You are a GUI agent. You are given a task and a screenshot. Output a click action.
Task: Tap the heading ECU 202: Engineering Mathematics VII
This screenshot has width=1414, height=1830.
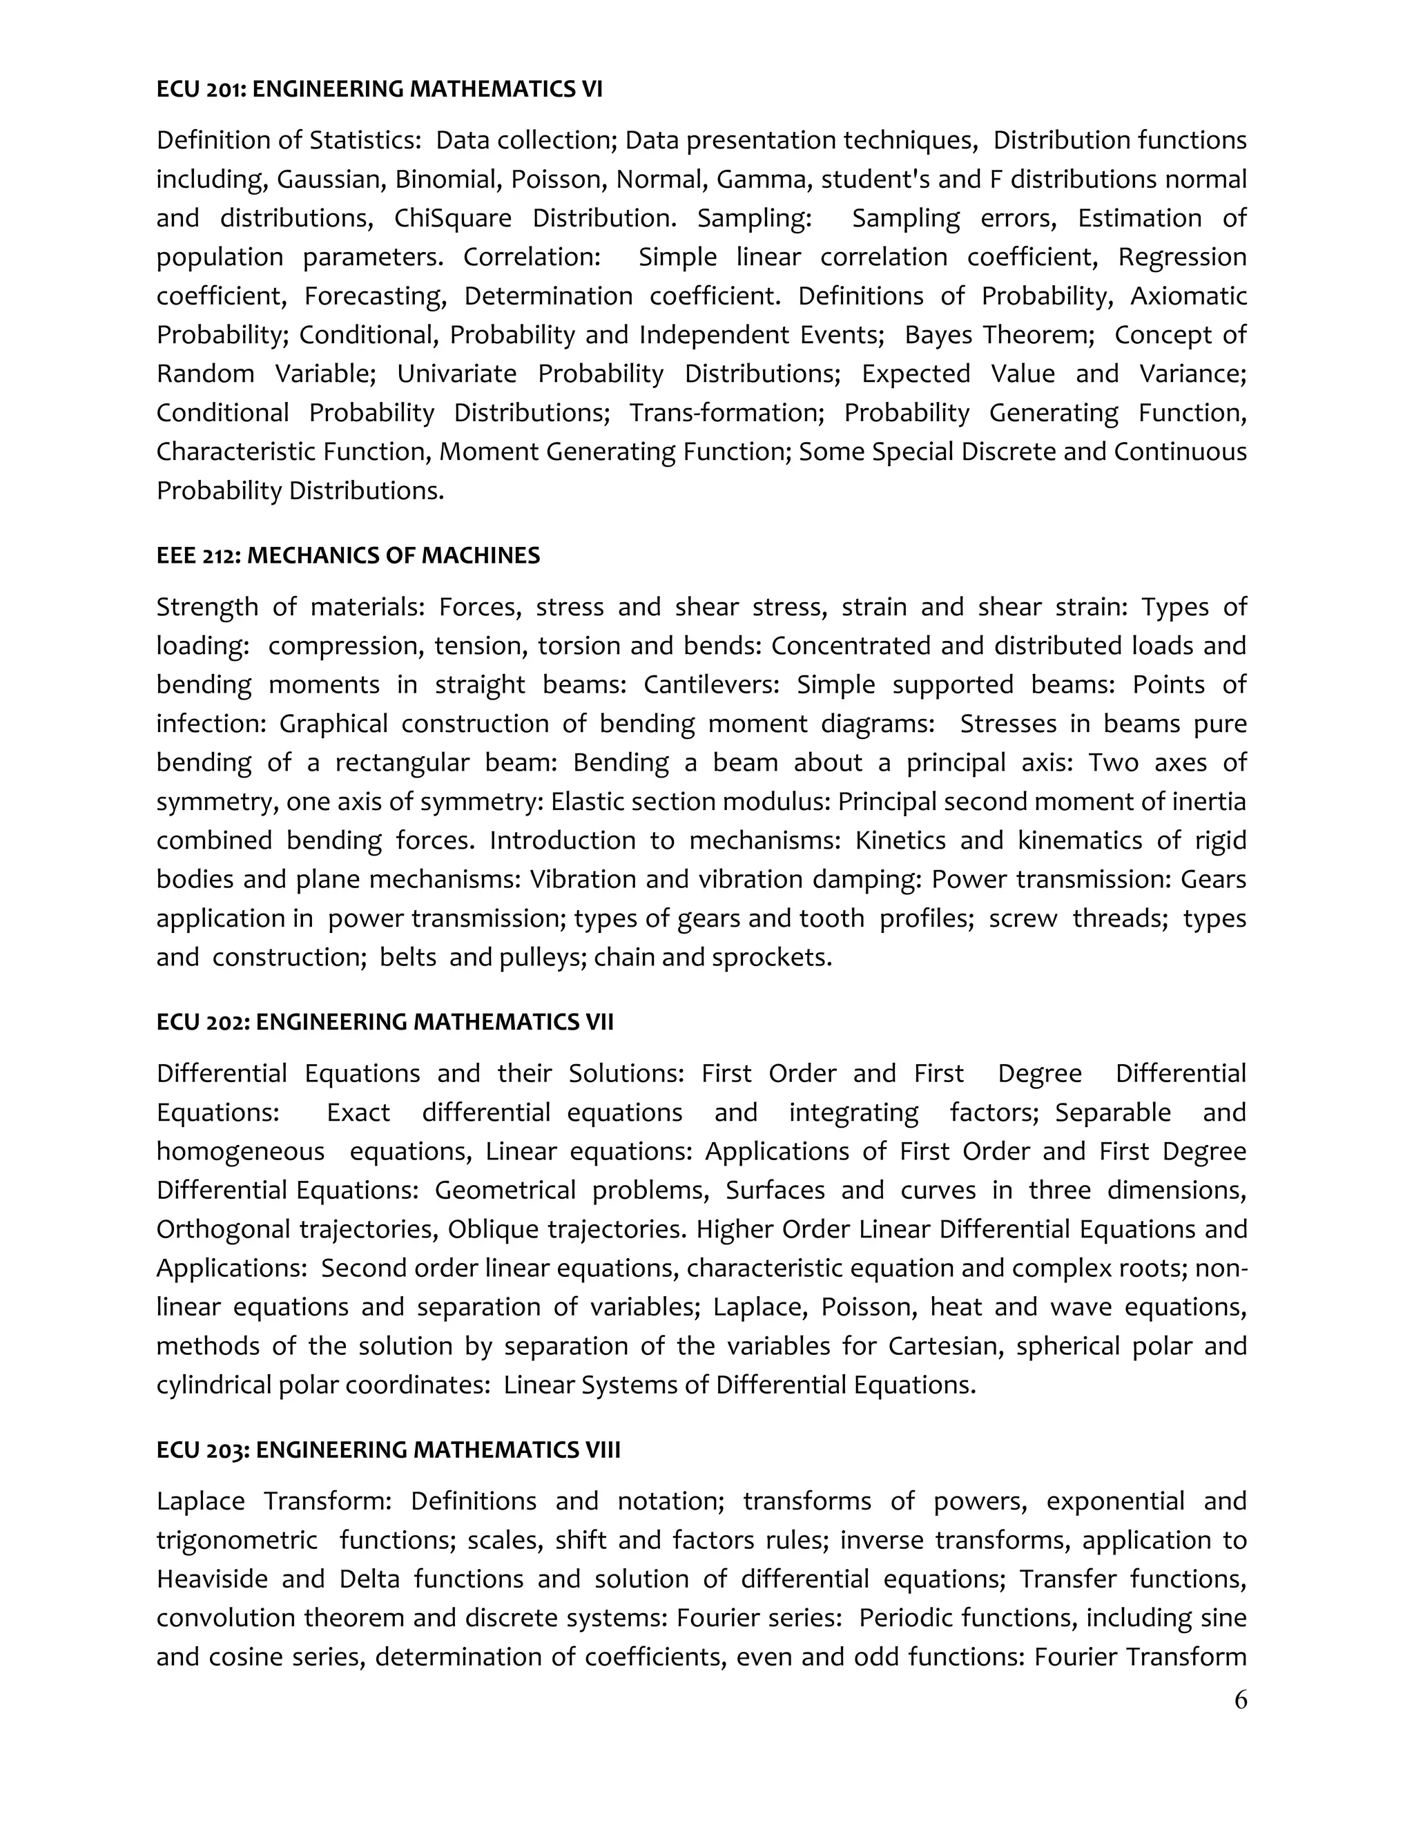pyautogui.click(x=385, y=1022)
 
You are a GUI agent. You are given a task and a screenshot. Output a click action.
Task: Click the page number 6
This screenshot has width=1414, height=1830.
pyautogui.click(x=1241, y=1700)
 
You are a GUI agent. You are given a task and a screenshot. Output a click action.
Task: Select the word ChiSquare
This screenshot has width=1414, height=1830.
pyautogui.click(x=452, y=219)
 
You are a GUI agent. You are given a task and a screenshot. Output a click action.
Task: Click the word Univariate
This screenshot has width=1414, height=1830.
pyautogui.click(x=456, y=374)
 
